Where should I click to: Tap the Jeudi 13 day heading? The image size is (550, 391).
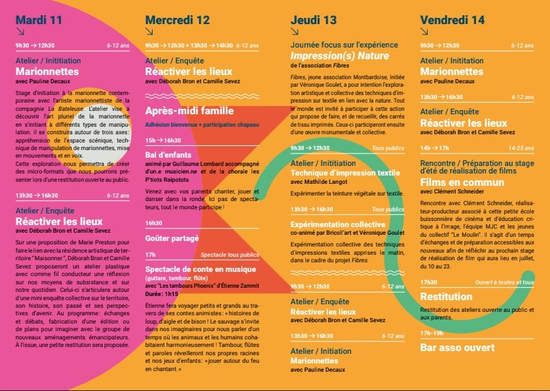pyautogui.click(x=313, y=19)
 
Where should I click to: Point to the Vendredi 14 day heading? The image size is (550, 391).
pyautogui.click(x=454, y=19)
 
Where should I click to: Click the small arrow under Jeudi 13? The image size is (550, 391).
pyautogui.click(x=294, y=32)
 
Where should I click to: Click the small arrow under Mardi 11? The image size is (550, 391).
pyautogui.click(x=20, y=32)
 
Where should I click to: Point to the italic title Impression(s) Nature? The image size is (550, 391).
pyautogui.click(x=340, y=56)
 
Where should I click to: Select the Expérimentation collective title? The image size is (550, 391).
pyautogui.click(x=338, y=224)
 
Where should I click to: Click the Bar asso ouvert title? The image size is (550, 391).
pyautogui.click(x=457, y=348)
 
